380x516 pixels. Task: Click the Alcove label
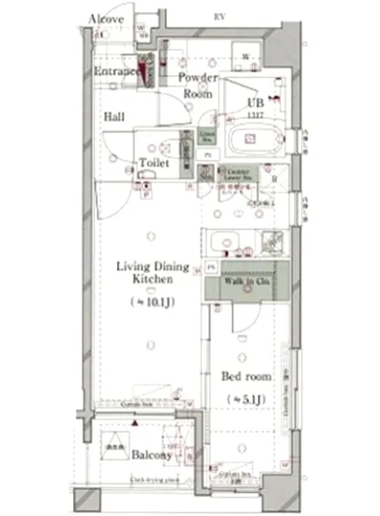tap(105, 19)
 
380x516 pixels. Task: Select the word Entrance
tap(117, 72)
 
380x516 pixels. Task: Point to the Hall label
tap(114, 117)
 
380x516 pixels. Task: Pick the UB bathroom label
tap(254, 102)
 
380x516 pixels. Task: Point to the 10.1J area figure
tap(152, 302)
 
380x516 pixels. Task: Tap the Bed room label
tap(246, 376)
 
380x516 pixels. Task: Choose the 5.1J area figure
tap(246, 400)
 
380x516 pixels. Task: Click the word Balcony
tap(151, 456)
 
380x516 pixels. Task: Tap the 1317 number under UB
tap(254, 114)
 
